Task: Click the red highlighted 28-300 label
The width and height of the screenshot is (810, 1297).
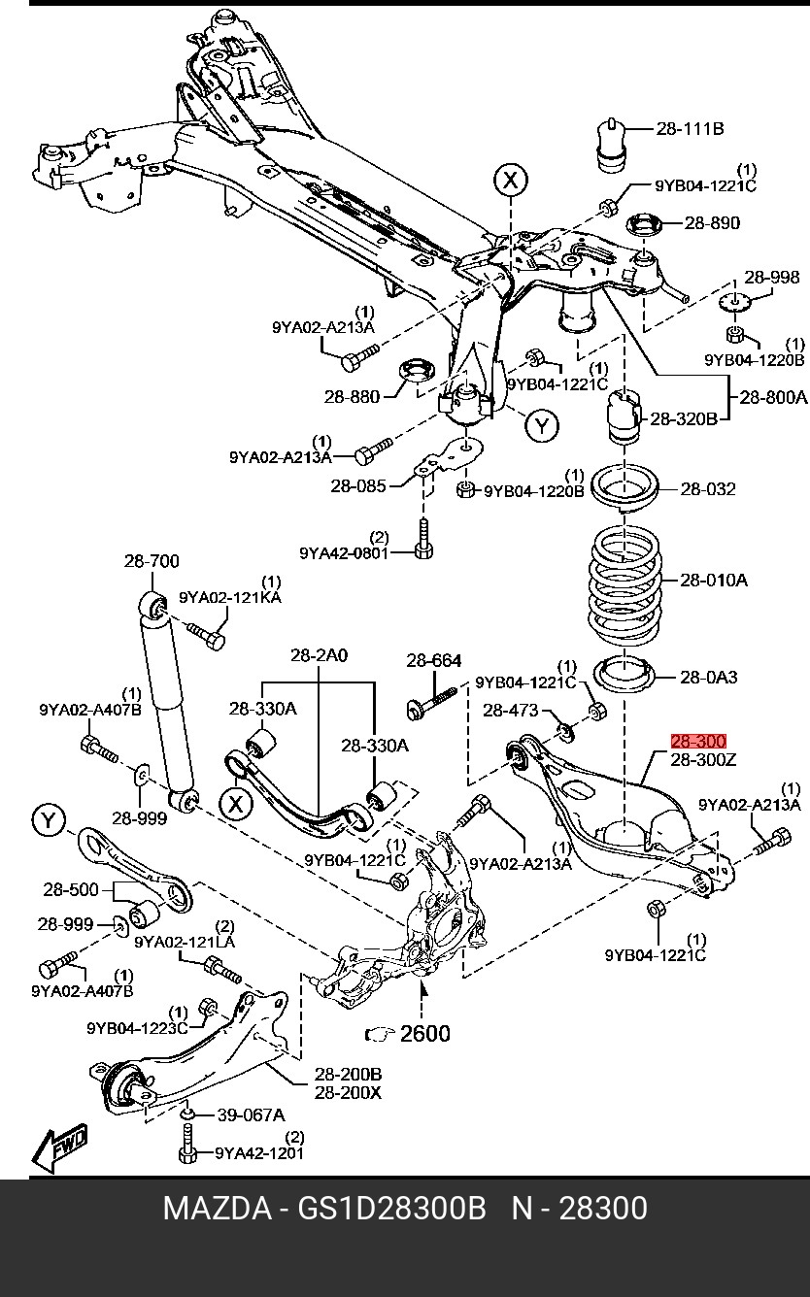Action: (x=698, y=741)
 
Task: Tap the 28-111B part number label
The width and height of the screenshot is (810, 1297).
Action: (x=690, y=128)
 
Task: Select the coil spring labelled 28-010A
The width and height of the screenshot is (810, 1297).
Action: (x=624, y=585)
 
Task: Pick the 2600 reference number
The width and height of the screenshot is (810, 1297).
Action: (x=425, y=1034)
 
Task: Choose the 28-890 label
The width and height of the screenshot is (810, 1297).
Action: (x=712, y=223)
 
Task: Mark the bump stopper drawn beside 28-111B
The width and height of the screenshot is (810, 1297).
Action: (x=611, y=146)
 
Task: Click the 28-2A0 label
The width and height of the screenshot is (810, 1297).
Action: (x=319, y=655)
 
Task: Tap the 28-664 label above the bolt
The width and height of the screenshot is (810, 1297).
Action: (x=434, y=660)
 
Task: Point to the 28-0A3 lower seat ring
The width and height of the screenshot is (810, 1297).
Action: (x=625, y=678)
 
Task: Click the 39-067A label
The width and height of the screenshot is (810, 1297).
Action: (x=251, y=1114)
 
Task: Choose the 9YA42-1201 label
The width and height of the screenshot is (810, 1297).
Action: (x=259, y=1152)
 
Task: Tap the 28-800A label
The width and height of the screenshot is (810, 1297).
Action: (x=773, y=397)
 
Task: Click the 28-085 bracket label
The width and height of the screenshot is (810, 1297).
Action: (x=358, y=485)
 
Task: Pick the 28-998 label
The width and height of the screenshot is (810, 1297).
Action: (x=771, y=278)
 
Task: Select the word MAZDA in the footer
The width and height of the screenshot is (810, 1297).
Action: (x=218, y=1210)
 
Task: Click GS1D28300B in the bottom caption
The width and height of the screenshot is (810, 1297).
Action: (x=391, y=1210)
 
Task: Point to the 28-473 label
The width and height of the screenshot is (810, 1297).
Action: (x=511, y=710)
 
